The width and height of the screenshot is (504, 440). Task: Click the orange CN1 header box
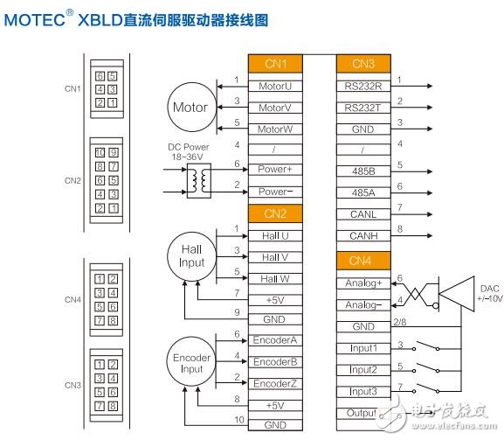[275, 64]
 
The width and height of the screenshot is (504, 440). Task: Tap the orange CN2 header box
[275, 213]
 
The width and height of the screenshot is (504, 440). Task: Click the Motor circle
[190, 108]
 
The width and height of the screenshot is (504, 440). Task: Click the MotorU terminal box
[275, 86]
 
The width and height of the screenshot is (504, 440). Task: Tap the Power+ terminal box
[275, 169]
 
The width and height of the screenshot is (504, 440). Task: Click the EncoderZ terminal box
[275, 383]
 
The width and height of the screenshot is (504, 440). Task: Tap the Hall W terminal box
[275, 278]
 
